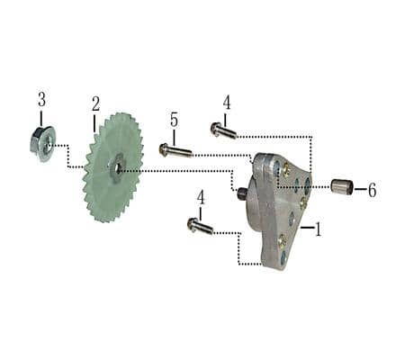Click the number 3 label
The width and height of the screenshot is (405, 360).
(x=41, y=98)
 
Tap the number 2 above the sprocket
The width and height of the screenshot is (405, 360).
(x=95, y=103)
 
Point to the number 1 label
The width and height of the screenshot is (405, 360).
(x=317, y=229)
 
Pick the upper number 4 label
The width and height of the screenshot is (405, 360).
(x=226, y=102)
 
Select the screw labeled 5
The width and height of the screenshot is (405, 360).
(x=175, y=150)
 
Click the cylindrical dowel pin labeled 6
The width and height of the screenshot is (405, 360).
(x=340, y=188)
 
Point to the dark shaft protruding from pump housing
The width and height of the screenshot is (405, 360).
(x=241, y=193)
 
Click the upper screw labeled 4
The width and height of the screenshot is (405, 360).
(x=223, y=131)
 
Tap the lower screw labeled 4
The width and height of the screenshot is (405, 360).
(x=199, y=225)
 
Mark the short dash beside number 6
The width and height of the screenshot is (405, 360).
(x=358, y=190)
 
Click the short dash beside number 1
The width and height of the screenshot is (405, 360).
(x=306, y=230)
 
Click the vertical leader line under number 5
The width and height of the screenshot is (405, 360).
(x=174, y=136)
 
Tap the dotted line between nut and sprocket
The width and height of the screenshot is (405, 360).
(x=68, y=157)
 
